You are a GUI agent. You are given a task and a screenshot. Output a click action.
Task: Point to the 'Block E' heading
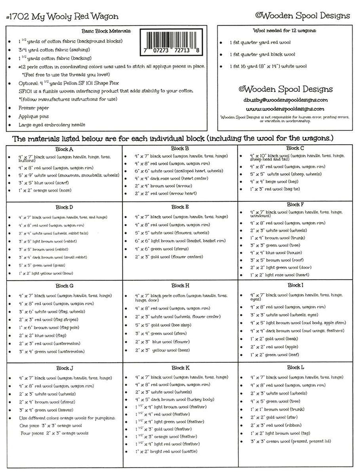pyautogui.click(x=180, y=207)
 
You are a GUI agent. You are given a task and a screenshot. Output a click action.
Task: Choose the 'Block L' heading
pyautogui.click(x=296, y=367)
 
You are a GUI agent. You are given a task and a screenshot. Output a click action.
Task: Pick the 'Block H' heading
pyautogui.click(x=180, y=286)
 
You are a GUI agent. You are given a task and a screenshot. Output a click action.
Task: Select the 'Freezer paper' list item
pyautogui.click(x=33, y=108)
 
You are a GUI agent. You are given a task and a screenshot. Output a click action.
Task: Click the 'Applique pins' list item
pyautogui.click(x=33, y=116)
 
